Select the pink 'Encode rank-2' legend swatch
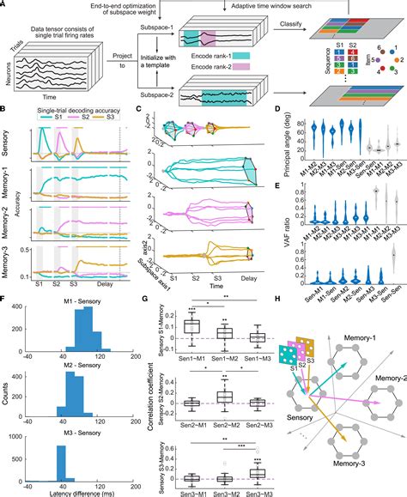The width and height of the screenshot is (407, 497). (x=224, y=79)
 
